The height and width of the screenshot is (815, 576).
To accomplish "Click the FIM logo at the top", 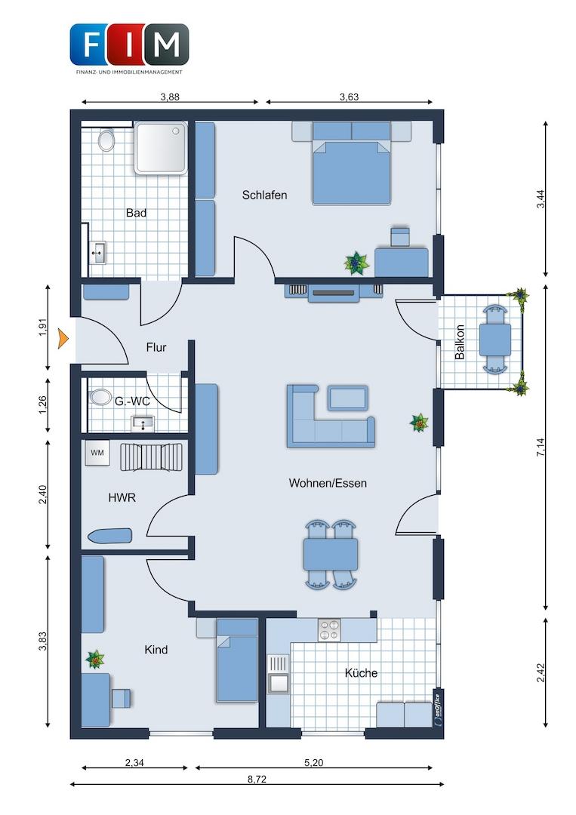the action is [129, 48].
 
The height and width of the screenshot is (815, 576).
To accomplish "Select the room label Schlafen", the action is [264, 195].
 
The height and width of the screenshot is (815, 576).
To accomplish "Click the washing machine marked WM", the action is [97, 454].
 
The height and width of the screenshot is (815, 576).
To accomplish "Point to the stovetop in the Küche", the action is [329, 630].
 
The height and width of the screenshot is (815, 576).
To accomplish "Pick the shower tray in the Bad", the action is [161, 148].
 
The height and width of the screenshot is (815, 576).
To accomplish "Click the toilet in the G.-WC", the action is [97, 398].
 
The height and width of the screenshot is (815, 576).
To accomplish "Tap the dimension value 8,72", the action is [257, 779].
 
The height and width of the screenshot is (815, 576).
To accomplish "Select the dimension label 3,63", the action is [349, 97].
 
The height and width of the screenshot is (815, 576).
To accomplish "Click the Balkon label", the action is [460, 342].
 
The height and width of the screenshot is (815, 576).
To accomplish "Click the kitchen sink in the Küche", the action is [278, 674].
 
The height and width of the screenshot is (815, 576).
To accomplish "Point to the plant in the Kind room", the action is [95, 660].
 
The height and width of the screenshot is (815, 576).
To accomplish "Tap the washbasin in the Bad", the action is [97, 253].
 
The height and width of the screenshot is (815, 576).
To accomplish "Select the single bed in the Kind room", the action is [237, 660].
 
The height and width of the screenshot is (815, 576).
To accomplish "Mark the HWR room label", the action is [122, 497].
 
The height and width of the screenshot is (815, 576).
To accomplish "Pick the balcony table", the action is [494, 340].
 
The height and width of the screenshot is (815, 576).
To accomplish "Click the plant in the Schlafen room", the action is [356, 263].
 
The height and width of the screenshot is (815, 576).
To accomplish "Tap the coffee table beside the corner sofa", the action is [348, 398].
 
